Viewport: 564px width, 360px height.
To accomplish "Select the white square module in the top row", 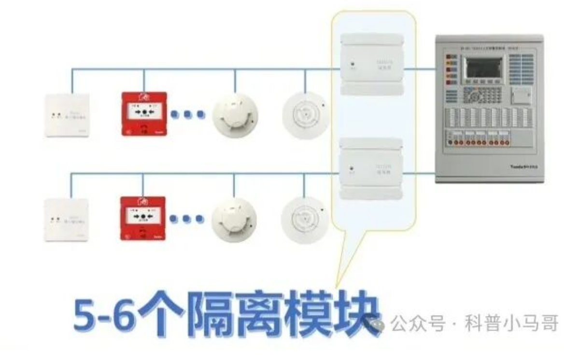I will tap(68, 115).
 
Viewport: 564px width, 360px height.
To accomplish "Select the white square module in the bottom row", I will tap(68, 220).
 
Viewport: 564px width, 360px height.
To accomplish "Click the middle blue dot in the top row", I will tap(187, 114).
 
